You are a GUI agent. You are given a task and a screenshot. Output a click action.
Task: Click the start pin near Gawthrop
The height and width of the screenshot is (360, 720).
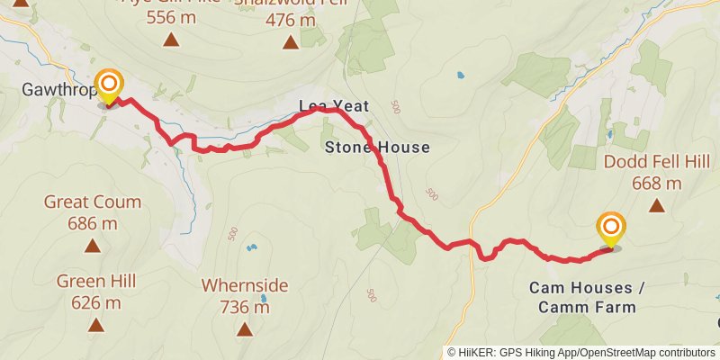tap(109, 87)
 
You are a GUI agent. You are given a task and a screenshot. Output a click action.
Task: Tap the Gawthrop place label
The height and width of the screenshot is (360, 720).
tap(53, 89)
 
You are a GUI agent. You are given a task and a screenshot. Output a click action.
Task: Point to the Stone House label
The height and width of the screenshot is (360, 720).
tap(376, 148)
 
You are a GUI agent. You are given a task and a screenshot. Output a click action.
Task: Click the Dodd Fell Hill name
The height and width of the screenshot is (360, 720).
tap(657, 163)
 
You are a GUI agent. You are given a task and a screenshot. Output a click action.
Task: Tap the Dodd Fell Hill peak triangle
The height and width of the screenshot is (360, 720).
tap(658, 205)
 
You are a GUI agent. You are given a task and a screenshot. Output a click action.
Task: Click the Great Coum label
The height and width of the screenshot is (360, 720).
tap(93, 202)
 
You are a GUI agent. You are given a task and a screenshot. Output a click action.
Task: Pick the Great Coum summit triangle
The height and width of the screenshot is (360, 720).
tap(93, 245)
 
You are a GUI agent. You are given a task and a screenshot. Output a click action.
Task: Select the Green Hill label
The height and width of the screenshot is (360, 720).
tap(96, 282)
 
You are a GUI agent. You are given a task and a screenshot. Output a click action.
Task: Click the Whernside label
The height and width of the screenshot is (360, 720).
tap(245, 285)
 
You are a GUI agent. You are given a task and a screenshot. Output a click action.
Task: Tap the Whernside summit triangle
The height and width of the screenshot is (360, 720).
tap(245, 328)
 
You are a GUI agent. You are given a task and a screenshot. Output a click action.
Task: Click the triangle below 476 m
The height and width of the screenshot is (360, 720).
tap(291, 42)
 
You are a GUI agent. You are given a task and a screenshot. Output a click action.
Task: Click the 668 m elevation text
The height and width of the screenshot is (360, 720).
tap(658, 184)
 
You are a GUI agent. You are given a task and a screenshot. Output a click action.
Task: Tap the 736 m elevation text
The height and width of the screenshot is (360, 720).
tap(245, 307)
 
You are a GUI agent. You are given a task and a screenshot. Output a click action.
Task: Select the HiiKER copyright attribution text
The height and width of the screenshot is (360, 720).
tap(580, 352)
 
